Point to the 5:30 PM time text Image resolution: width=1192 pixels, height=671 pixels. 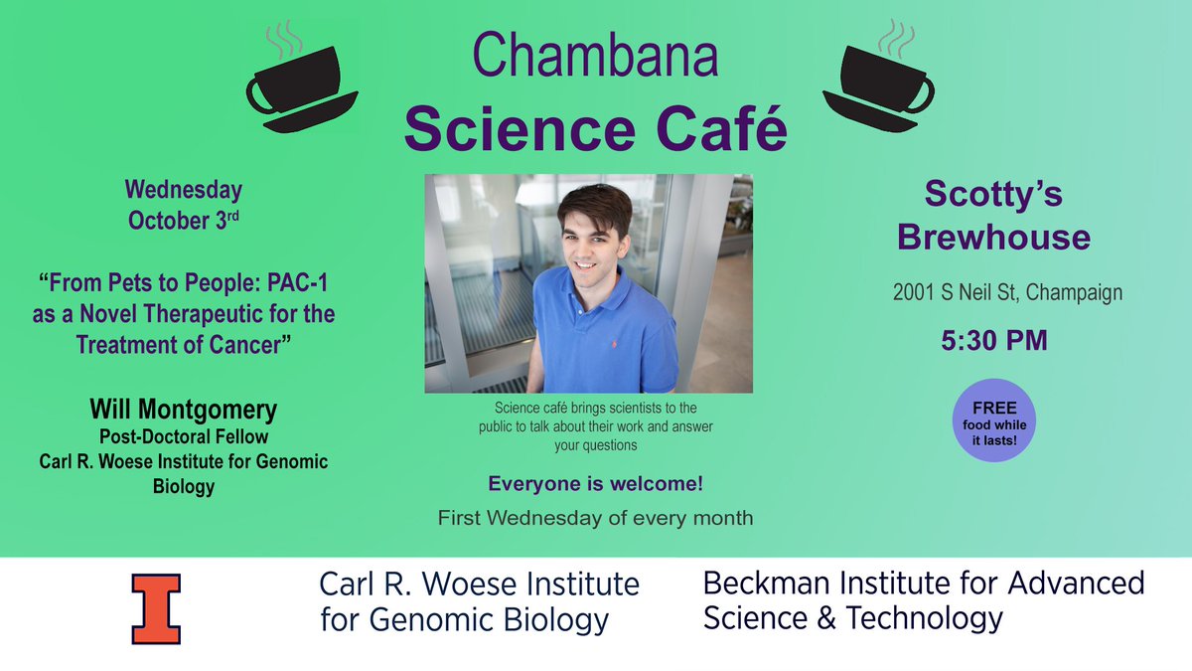pyautogui.click(x=992, y=342)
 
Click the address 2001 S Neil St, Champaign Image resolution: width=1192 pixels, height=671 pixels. pyautogui.click(x=992, y=293)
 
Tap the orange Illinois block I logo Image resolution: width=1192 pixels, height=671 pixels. pyautogui.click(x=156, y=606)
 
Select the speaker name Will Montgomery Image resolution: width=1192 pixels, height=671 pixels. pyautogui.click(x=184, y=410)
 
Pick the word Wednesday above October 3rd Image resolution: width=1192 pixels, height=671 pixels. pyautogui.click(x=184, y=189)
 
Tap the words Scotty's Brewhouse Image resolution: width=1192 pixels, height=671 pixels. pyautogui.click(x=992, y=216)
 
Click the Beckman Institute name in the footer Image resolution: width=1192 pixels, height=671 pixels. pyautogui.click(x=923, y=600)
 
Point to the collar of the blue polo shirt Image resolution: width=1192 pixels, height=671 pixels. pyautogui.click(x=576, y=281)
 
